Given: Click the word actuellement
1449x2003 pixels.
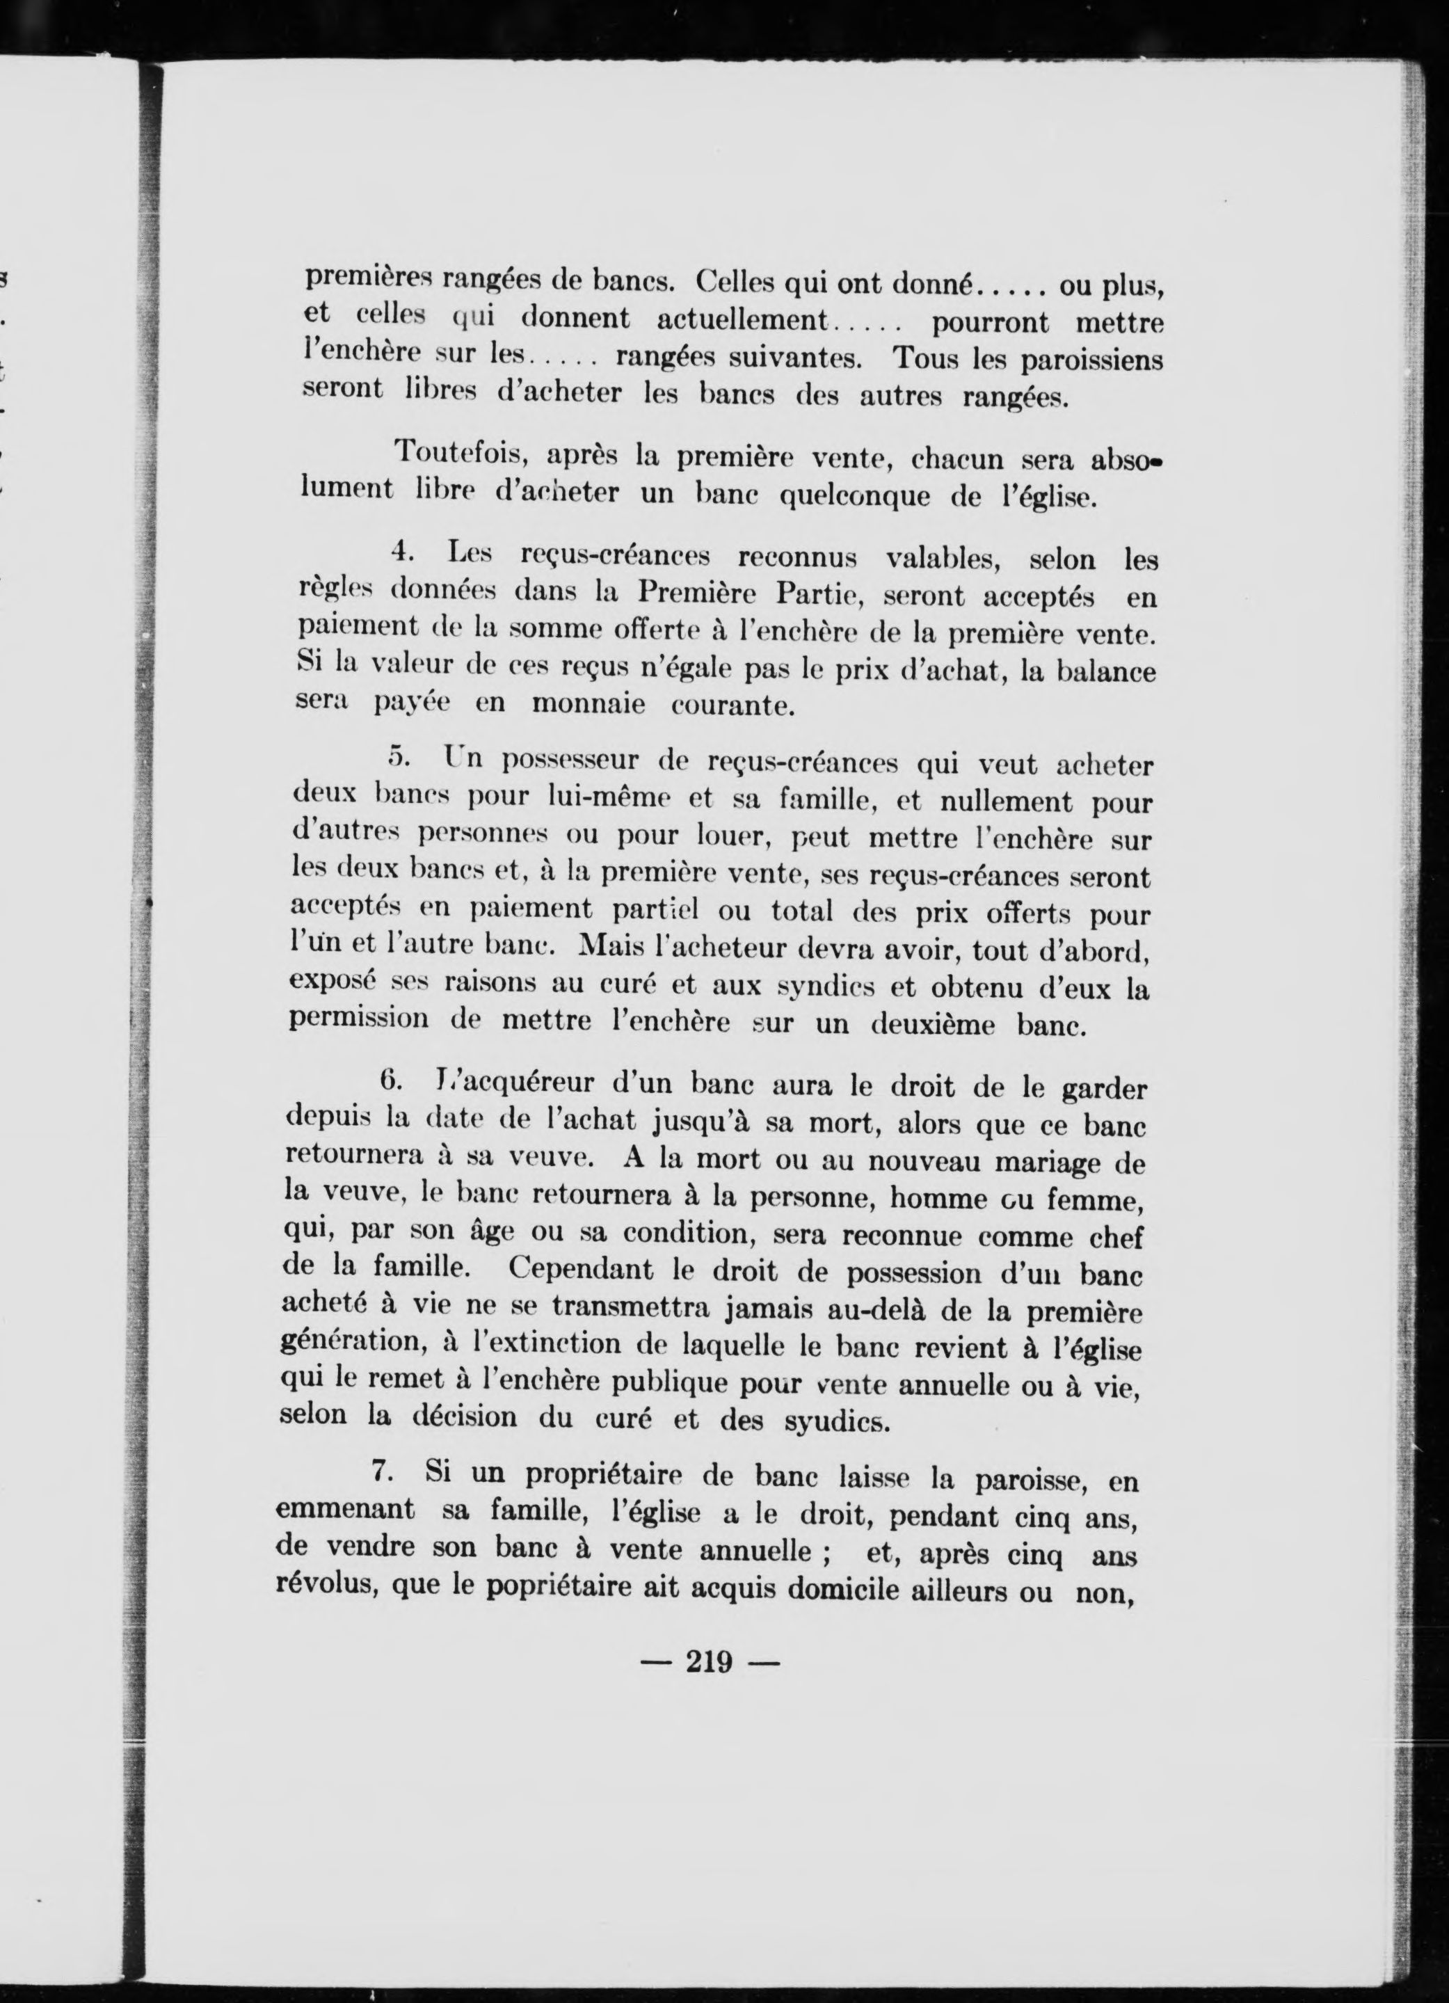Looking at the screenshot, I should coord(741,319).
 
